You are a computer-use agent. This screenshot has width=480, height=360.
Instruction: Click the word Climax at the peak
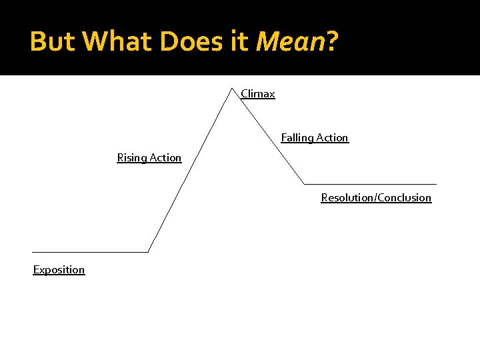(258, 94)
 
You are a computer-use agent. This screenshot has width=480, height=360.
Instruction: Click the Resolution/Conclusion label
(376, 198)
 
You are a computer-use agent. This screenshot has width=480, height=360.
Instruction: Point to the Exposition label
(59, 270)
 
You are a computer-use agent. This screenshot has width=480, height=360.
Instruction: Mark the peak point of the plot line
(231, 87)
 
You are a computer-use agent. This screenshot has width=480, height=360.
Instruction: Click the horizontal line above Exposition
(90, 252)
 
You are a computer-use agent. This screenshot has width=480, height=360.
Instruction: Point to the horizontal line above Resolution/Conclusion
(370, 183)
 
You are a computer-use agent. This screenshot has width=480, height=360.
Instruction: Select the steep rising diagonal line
(190, 169)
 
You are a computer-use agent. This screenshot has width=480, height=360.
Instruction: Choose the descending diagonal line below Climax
(267, 135)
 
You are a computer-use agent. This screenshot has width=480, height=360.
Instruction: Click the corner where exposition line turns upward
(147, 252)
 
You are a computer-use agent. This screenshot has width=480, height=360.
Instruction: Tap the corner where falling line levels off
(304, 183)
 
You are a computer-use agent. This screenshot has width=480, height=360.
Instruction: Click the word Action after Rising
(165, 158)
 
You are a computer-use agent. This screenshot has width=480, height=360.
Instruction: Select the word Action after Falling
(332, 138)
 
